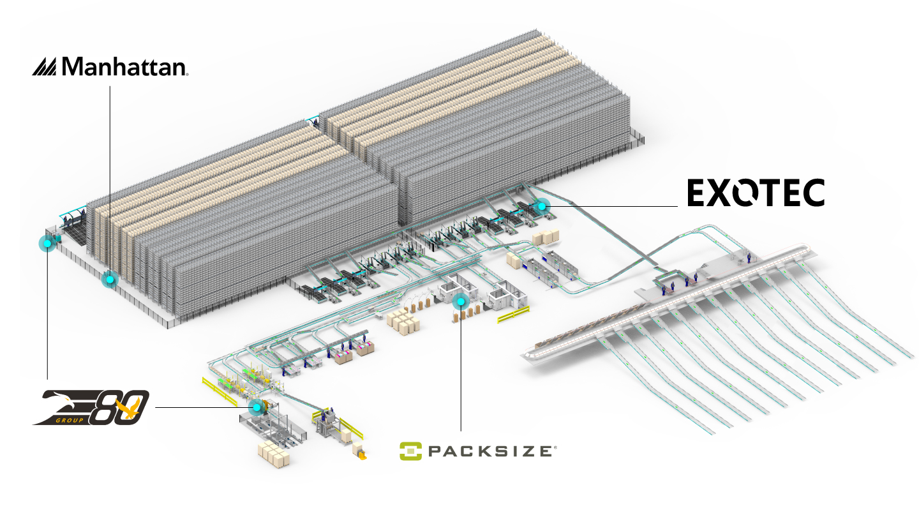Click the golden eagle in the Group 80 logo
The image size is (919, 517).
click(133, 413)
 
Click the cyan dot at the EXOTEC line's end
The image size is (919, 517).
click(542, 206)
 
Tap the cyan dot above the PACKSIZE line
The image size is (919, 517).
click(459, 301)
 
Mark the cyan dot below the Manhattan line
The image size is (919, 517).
click(110, 279)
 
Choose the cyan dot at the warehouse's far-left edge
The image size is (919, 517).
click(47, 243)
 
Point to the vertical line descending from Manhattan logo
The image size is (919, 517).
click(110, 179)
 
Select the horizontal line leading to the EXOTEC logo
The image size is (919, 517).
click(613, 206)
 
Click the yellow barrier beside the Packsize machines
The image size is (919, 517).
click(513, 314)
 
